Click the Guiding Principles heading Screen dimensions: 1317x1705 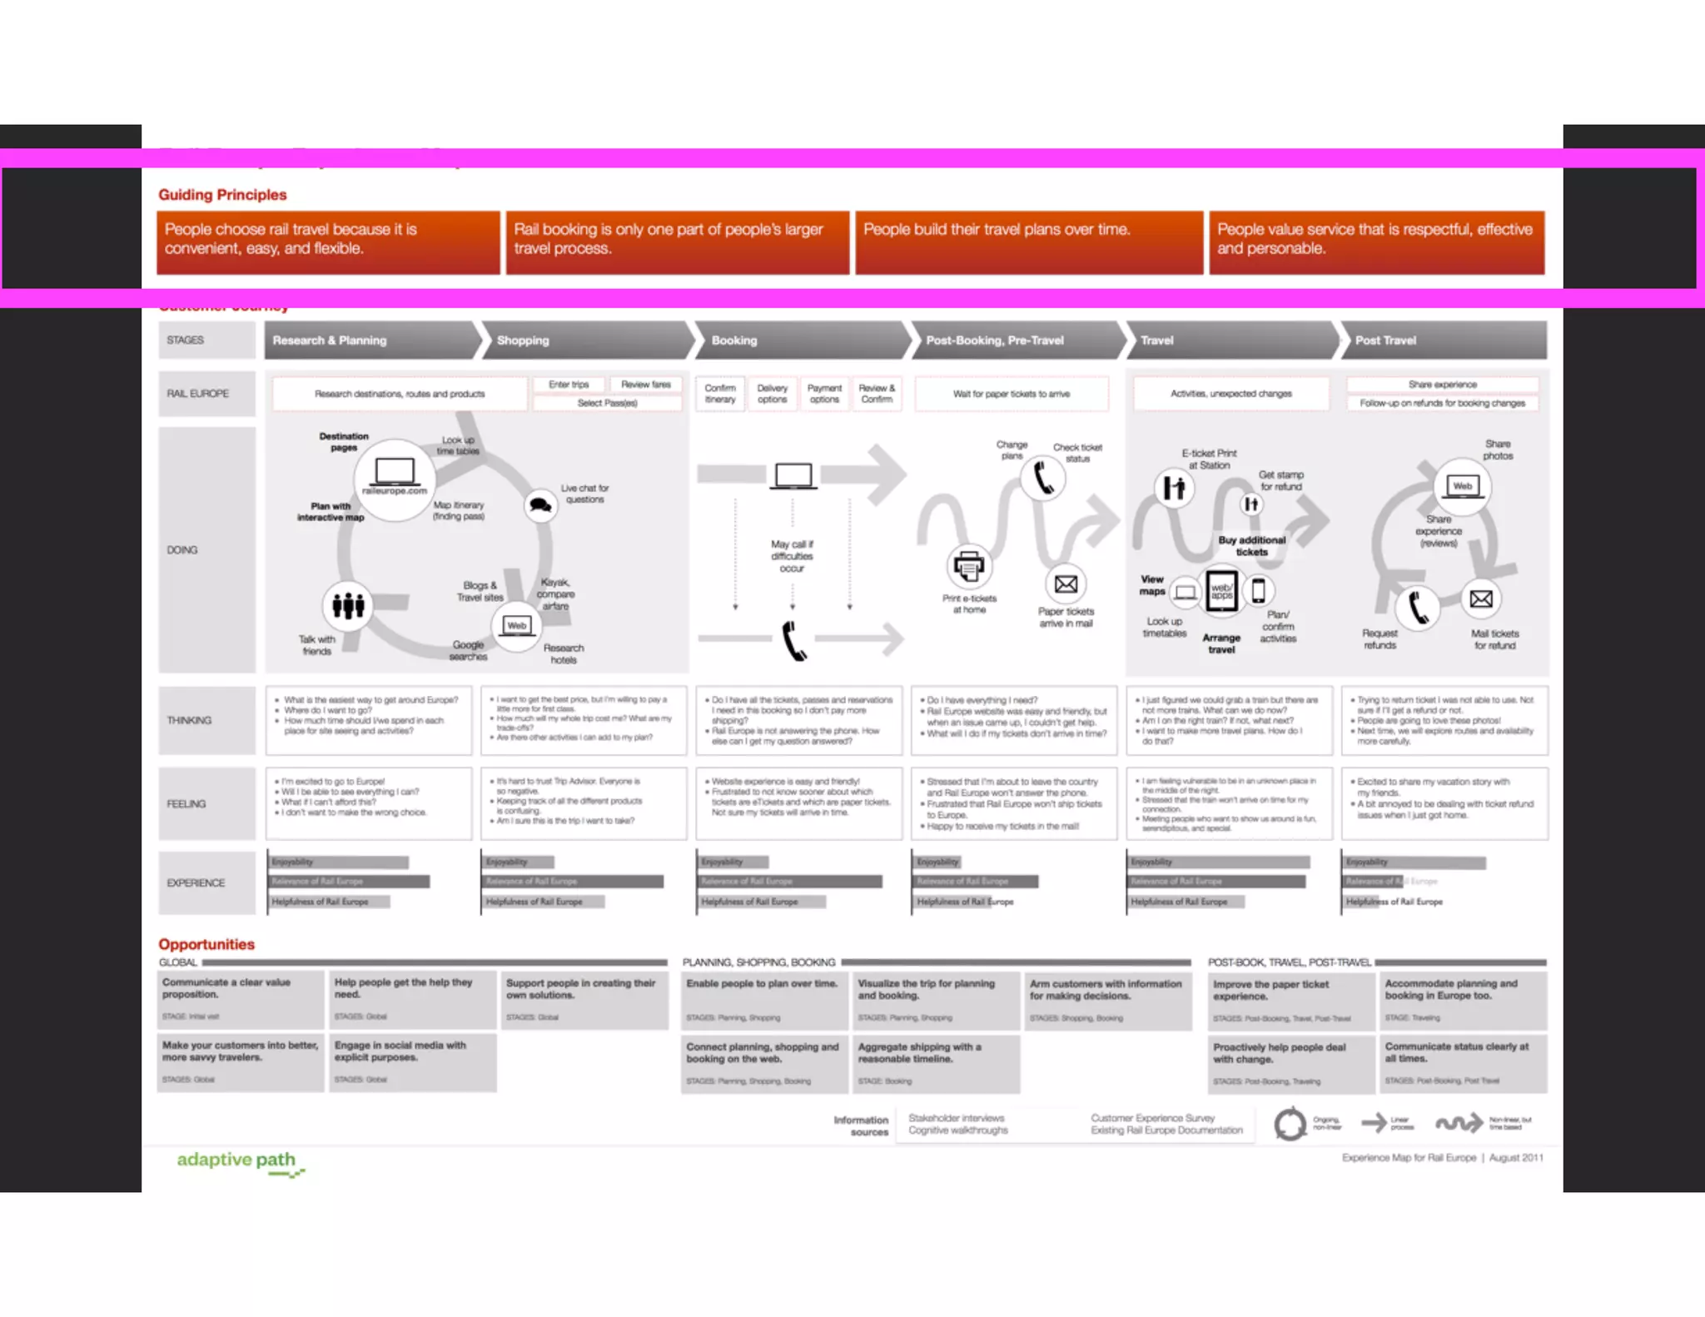tap(222, 195)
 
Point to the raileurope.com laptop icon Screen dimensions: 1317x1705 tap(395, 472)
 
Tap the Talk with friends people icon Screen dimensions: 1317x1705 tap(348, 605)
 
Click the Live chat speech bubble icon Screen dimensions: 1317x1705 tap(540, 504)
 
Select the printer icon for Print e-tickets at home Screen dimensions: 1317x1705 tap(968, 567)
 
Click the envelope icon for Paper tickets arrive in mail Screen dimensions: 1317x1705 tap(1066, 584)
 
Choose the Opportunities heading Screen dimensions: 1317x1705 tap(206, 944)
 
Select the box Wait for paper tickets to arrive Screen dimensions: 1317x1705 tap(1012, 394)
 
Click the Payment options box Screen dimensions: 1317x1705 tap(824, 394)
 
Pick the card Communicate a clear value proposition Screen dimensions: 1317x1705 tap(241, 999)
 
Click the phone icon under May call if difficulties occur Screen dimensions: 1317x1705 tap(794, 641)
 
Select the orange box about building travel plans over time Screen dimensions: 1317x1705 tap(1029, 242)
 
